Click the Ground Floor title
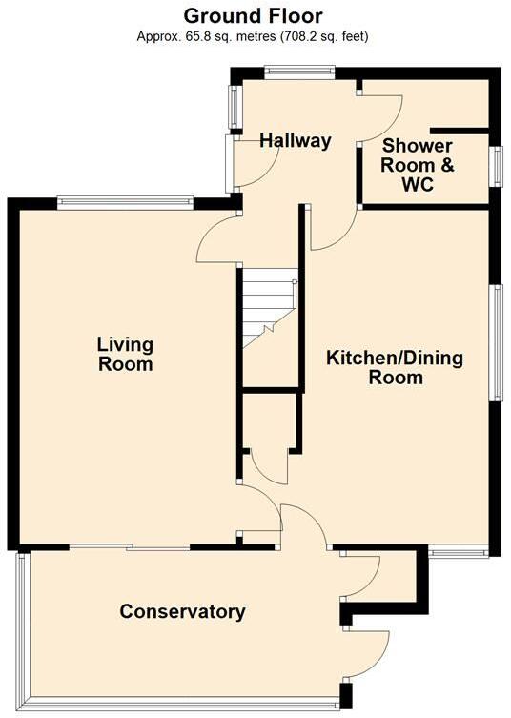tap(253, 16)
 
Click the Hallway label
tap(296, 141)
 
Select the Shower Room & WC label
tap(418, 166)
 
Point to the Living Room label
tap(125, 354)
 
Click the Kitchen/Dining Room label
tap(395, 367)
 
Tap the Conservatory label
tap(182, 611)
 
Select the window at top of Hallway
tap(298, 69)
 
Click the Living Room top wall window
tap(125, 200)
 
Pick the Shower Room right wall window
tap(495, 164)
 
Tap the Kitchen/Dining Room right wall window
tap(495, 343)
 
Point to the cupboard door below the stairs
tap(270, 466)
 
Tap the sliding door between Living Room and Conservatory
tap(129, 547)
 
